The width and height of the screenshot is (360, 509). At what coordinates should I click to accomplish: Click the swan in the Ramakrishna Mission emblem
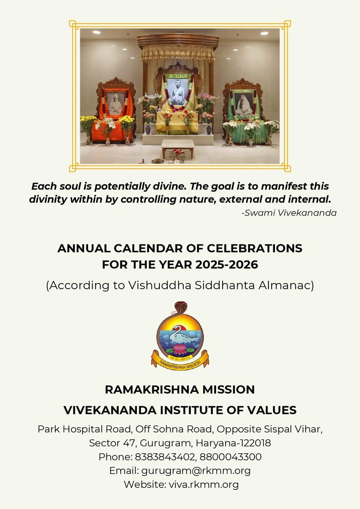(x=183, y=335)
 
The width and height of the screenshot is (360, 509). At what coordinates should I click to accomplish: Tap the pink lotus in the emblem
(x=180, y=349)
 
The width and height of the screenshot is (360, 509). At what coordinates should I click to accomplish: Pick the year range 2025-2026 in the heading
(x=226, y=264)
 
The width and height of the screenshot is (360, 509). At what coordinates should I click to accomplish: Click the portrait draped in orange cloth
(x=116, y=104)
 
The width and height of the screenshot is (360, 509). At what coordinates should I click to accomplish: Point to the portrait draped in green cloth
(x=244, y=104)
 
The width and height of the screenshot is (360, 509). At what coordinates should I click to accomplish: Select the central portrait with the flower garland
(x=178, y=92)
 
